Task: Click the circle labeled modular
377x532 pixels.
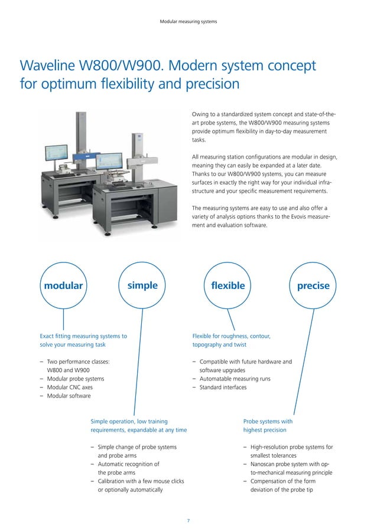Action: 61,286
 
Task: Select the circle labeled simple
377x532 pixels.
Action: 142,286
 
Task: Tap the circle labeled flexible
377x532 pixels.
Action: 227,286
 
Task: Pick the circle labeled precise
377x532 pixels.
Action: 314,286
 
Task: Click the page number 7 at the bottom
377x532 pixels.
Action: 188,521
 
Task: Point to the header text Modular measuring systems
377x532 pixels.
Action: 188,22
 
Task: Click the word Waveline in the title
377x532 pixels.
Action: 48,65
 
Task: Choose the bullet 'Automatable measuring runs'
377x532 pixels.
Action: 235,379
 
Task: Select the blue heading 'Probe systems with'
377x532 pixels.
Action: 268,422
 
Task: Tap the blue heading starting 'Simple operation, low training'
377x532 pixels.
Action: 129,422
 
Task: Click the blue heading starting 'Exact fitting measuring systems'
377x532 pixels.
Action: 83,336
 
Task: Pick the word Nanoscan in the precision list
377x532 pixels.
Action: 265,464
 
